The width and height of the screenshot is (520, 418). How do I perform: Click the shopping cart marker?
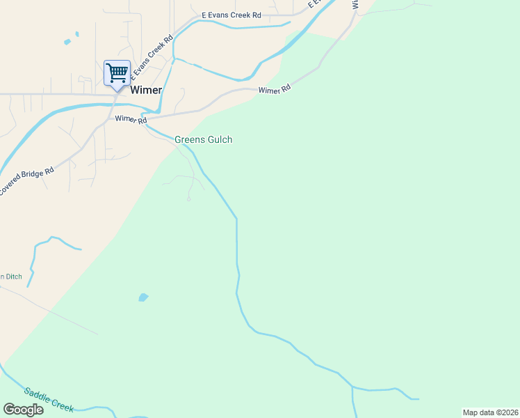pos(117,72)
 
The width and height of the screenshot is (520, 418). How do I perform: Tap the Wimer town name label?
pos(146,90)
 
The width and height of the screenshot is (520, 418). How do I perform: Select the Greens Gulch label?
pos(203,139)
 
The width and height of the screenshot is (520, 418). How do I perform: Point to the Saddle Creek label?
pos(49,399)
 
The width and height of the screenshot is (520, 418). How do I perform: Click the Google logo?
pos(23,410)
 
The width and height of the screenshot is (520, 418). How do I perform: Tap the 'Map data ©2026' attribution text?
pos(490,412)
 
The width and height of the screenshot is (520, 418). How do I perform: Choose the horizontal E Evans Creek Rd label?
pos(231,15)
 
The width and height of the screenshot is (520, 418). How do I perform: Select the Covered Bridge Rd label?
pos(26,181)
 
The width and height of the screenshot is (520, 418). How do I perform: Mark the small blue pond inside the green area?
pos(143,297)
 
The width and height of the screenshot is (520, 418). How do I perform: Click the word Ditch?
pos(14,277)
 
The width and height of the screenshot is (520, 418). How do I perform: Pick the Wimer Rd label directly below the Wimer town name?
pos(131,121)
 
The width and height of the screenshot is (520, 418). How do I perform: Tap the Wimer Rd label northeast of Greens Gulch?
pos(274,90)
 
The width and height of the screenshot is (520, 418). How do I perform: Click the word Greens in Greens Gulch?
pos(190,139)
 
